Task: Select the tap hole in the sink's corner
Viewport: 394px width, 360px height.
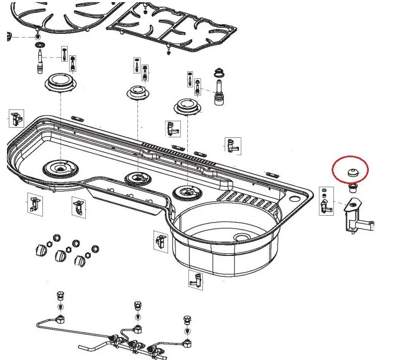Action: click(294, 200)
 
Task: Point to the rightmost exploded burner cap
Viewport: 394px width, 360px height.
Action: click(186, 106)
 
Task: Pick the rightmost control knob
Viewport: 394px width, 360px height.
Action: click(81, 261)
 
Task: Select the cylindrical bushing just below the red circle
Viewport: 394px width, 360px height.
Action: click(354, 188)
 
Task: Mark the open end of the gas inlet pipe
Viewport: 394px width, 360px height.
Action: click(37, 324)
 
